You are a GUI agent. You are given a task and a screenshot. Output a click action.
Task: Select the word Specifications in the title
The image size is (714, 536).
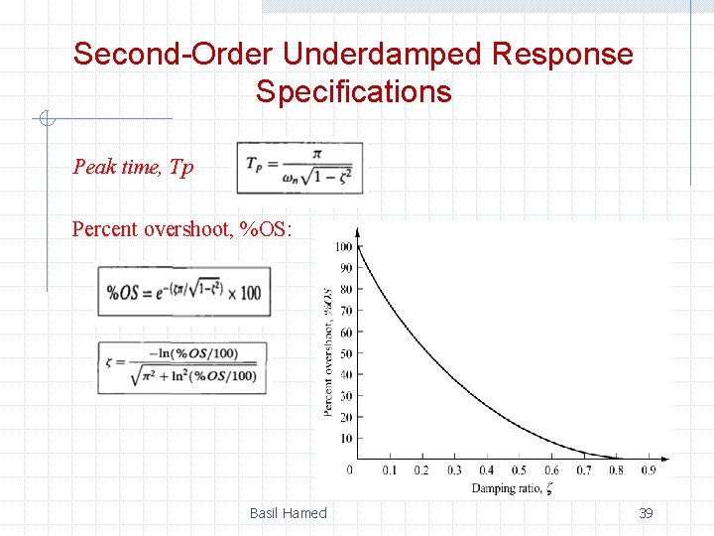353,92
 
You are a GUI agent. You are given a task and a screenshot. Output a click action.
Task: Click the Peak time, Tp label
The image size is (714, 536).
133,167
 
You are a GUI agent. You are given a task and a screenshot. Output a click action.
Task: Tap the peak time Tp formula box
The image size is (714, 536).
299,168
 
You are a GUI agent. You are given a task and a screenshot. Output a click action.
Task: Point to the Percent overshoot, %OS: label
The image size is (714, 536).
182,229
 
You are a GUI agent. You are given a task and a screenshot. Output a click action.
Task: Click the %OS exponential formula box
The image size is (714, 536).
183,292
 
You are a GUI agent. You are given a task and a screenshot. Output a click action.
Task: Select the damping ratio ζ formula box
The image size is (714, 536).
183,367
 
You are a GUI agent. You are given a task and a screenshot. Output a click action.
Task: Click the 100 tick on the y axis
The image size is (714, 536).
343,247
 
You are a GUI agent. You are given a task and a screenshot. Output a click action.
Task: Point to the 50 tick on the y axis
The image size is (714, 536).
345,353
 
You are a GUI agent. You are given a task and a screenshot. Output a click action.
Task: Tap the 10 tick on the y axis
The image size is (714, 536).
345,439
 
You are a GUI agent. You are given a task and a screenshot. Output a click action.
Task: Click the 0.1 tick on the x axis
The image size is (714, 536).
390,470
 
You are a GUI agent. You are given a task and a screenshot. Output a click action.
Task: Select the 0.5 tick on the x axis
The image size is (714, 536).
519,470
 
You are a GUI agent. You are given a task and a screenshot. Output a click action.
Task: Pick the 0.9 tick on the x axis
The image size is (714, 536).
649,470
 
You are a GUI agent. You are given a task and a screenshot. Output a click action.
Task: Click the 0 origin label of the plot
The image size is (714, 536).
349,469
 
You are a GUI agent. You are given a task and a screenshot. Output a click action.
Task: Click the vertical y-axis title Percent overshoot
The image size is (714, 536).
328,352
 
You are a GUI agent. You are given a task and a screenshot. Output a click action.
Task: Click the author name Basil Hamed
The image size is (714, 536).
288,513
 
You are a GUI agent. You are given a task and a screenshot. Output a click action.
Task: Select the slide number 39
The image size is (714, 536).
646,513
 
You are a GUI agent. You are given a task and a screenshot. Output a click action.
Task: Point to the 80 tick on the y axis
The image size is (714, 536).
345,290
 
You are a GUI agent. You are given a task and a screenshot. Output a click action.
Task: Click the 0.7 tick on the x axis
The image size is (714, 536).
584,470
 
